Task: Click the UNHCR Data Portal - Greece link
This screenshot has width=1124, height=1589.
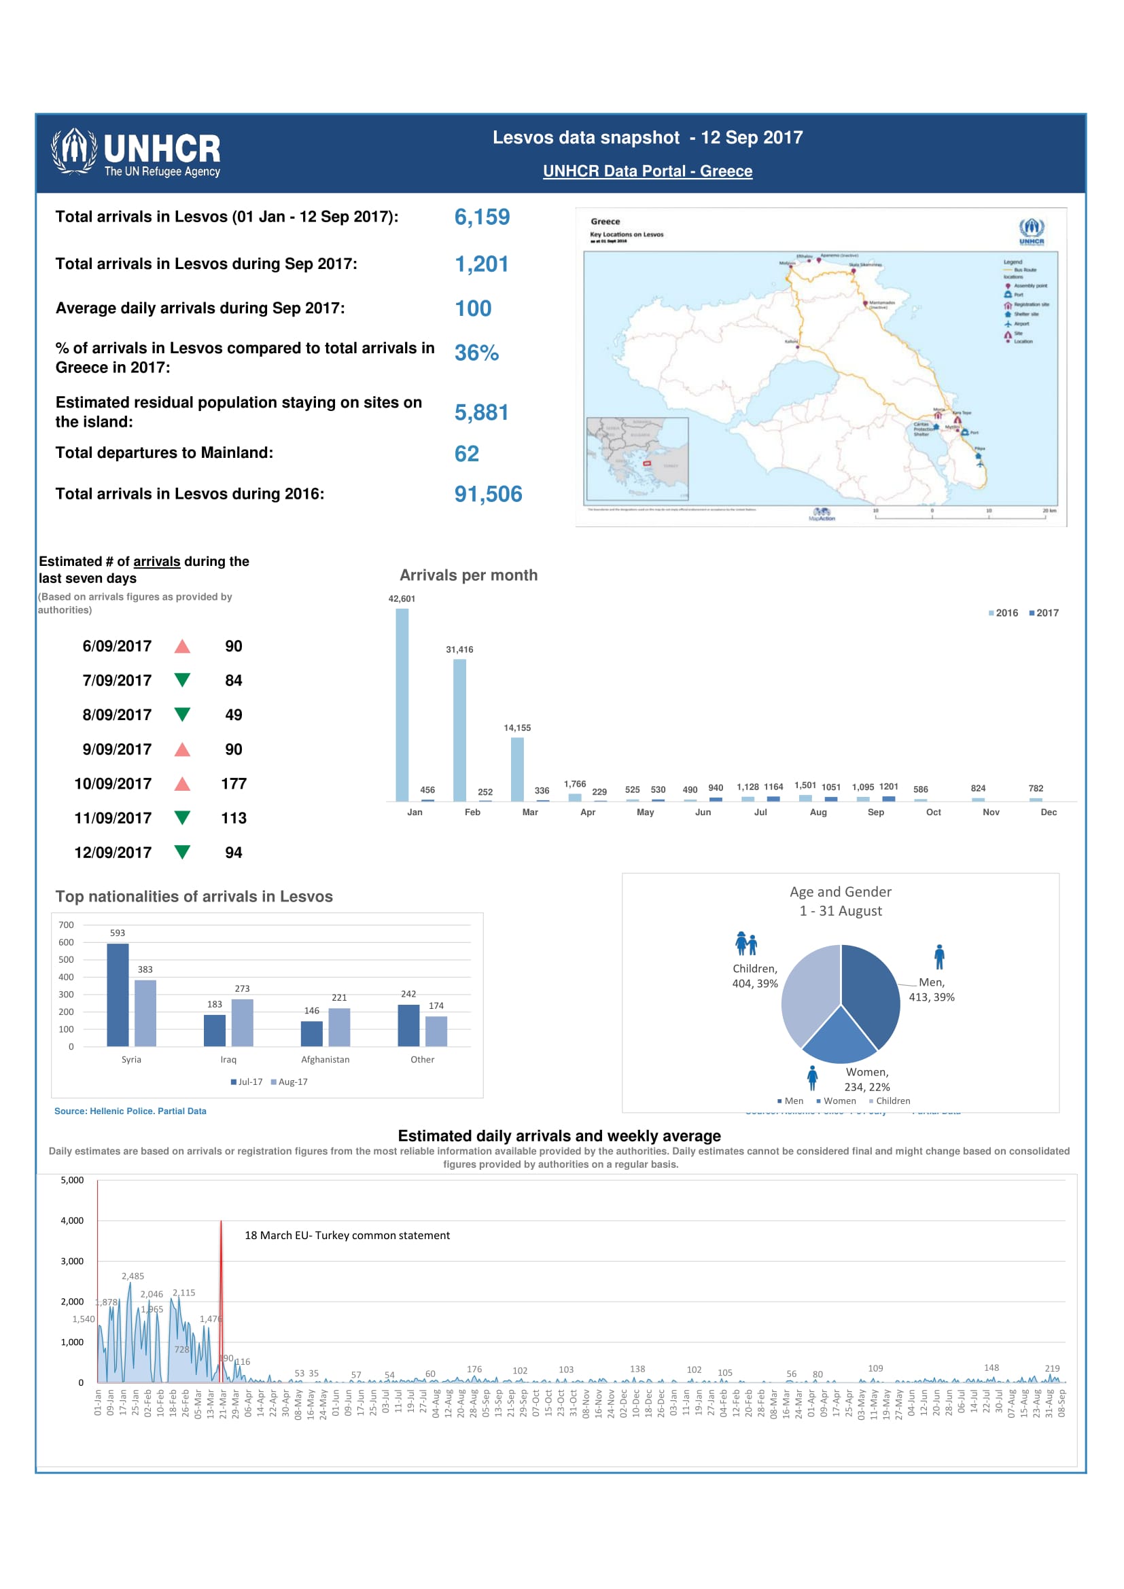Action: tap(647, 171)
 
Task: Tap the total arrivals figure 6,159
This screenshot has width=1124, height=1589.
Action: tap(482, 217)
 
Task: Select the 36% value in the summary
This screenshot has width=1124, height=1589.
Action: tap(476, 353)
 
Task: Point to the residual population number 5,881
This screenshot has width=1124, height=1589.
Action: tap(481, 412)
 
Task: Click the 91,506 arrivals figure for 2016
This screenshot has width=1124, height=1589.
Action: tap(488, 494)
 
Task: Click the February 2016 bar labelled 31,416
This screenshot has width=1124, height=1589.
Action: tap(459, 730)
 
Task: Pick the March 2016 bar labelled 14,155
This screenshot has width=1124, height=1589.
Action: tap(517, 769)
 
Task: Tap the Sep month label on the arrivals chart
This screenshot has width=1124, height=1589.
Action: tap(875, 812)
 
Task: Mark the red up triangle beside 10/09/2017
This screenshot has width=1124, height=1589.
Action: tap(182, 784)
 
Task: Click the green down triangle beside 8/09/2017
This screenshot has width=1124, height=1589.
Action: tap(182, 714)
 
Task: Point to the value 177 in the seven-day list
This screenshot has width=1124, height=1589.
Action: tap(234, 784)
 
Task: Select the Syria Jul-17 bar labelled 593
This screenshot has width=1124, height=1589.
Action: tap(118, 995)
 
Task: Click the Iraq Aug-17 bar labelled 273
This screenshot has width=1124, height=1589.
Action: tap(242, 1022)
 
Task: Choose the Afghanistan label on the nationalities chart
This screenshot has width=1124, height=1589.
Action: tap(326, 1060)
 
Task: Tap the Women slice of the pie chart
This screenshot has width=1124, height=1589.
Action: tap(839, 1038)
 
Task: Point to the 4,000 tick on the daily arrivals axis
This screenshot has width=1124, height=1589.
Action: tap(72, 1221)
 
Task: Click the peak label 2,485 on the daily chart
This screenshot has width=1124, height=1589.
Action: tap(133, 1276)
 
